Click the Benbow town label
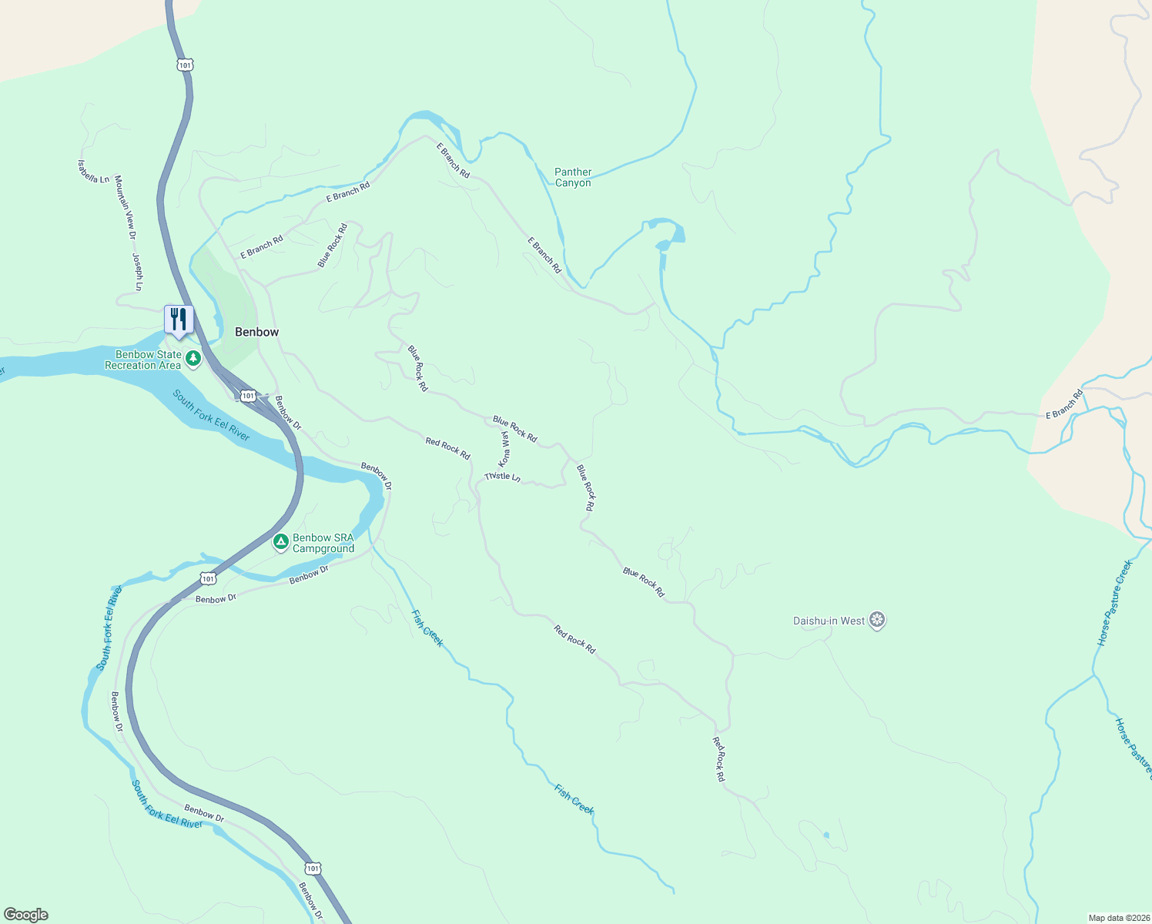pos(256,332)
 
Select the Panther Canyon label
pos(573,178)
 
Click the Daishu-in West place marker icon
pos(876,621)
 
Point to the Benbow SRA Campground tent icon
pos(281,543)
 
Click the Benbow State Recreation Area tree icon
pos(193,359)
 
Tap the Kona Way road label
pos(505,448)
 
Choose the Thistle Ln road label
pos(502,477)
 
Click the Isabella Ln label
pos(93,172)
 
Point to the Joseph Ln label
pos(138,272)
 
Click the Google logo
pos(26,915)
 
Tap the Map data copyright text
pos(1118,918)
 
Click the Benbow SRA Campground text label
pos(323,544)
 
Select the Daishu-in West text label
pos(829,621)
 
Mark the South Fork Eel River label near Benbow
pos(210,416)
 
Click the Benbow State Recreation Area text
pos(143,360)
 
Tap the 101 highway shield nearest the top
pos(184,65)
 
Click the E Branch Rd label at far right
pos(1064,404)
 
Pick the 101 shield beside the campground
pos(208,578)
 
